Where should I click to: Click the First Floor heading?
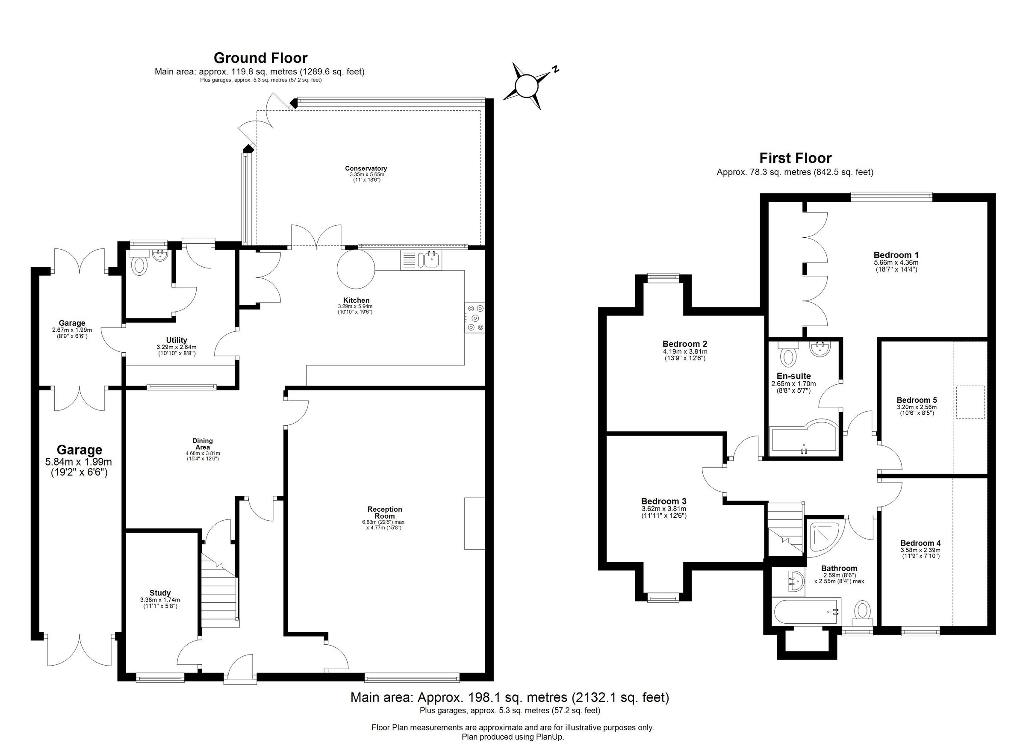pyautogui.click(x=795, y=158)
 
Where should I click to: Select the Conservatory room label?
pyautogui.click(x=366, y=169)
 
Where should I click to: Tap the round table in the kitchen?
pyautogui.click(x=356, y=269)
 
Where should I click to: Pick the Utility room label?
pyautogui.click(x=177, y=340)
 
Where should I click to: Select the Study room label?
pyautogui.click(x=160, y=593)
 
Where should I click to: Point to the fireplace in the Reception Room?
pyautogui.click(x=475, y=523)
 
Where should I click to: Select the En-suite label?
pyautogui.click(x=793, y=376)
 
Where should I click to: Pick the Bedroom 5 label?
pyautogui.click(x=917, y=400)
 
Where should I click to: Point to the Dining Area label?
pyautogui.click(x=202, y=444)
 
